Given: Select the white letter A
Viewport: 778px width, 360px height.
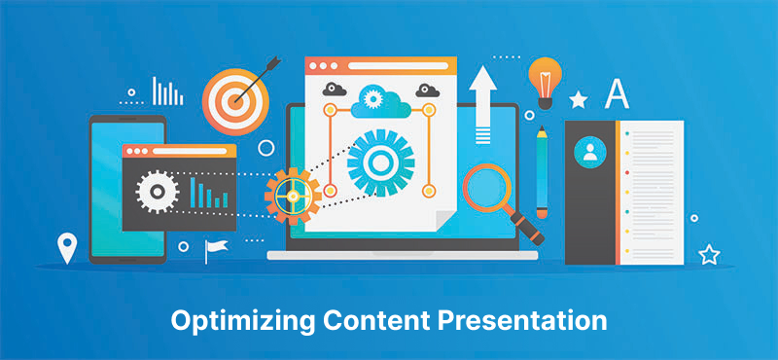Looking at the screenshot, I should (617, 93).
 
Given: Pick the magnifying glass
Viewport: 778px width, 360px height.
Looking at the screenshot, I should (492, 191).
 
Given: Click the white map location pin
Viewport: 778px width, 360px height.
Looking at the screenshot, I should (66, 247).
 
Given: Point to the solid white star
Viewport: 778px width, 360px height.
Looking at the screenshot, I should (578, 99).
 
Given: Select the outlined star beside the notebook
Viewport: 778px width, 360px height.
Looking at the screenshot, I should (709, 255).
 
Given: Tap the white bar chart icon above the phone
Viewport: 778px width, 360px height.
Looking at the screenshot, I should (167, 92).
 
